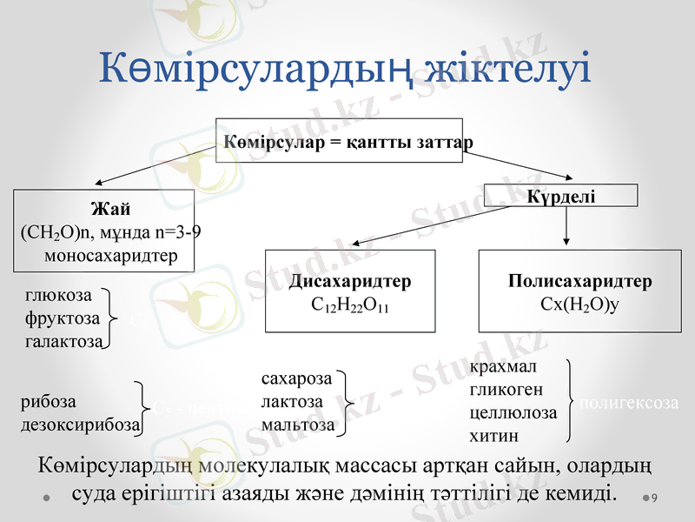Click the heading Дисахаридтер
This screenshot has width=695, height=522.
[349, 282]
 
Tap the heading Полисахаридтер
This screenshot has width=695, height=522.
[579, 282]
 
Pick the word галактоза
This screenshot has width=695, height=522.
[63, 339]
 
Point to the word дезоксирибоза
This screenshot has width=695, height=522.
[79, 425]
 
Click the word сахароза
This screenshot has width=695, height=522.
[296, 379]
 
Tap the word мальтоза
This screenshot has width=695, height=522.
[297, 425]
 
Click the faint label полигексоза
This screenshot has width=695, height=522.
[627, 403]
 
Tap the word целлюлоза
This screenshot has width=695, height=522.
[513, 412]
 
